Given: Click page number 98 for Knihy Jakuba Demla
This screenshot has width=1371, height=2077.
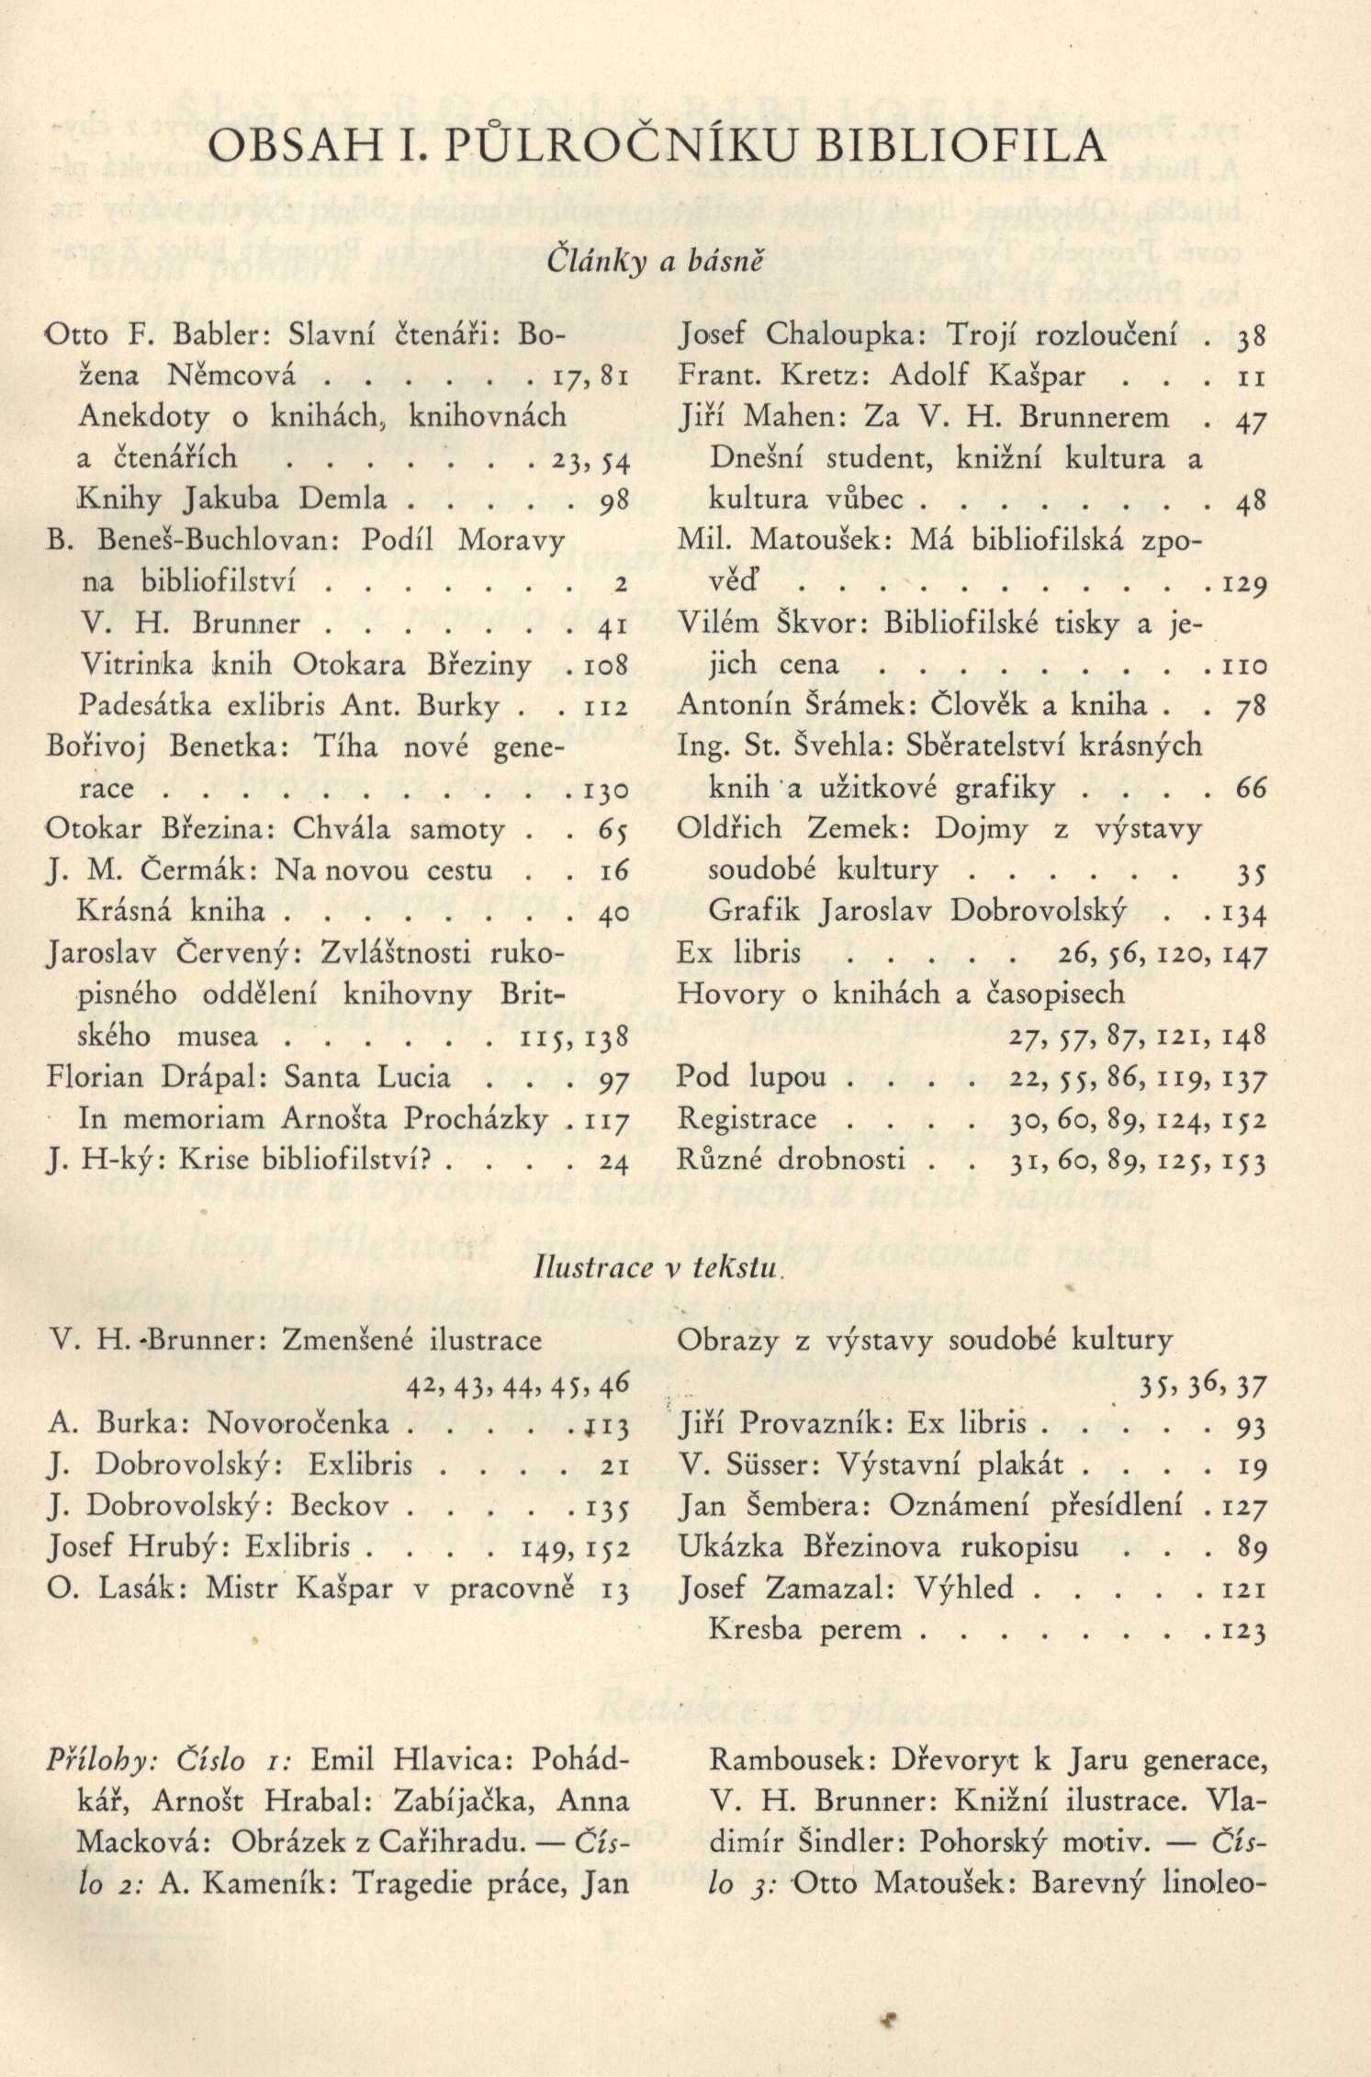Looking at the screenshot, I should [x=612, y=500].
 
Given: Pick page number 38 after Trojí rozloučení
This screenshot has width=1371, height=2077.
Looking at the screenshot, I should [x=1252, y=337].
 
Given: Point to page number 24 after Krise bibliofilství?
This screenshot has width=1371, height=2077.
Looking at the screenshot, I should [x=612, y=1162].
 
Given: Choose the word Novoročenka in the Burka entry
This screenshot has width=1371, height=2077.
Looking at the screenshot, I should [x=298, y=1424].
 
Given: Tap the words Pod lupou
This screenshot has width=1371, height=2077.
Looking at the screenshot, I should [x=750, y=1077].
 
